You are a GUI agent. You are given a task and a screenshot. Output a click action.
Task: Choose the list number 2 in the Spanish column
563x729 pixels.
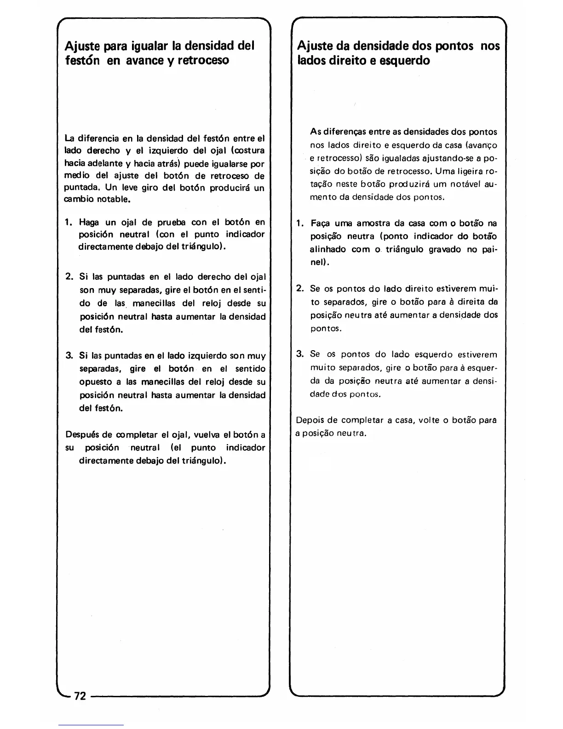pyautogui.click(x=69, y=277)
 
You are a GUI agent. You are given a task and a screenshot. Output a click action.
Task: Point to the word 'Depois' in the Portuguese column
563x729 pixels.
pyautogui.click(x=310, y=420)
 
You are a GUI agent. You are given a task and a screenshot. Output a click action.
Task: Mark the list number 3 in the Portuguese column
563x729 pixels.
pyautogui.click(x=300, y=354)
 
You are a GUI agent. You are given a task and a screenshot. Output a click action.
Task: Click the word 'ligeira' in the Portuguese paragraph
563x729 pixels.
pyautogui.click(x=470, y=171)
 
